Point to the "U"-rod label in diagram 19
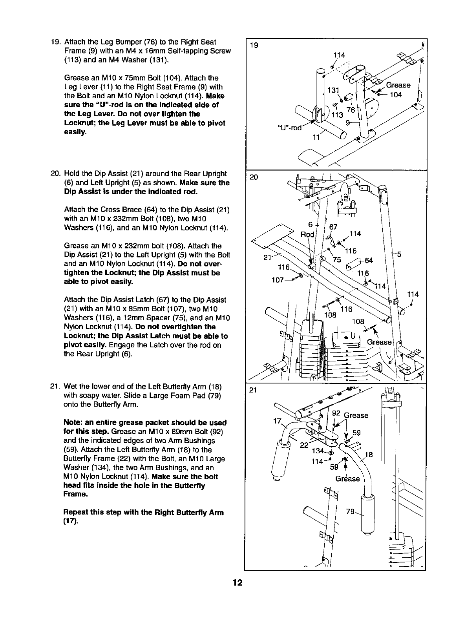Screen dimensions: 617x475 [290, 128]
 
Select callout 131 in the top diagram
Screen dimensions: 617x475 [333, 90]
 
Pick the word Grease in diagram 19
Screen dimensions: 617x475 [398, 85]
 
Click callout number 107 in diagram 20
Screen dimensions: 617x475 [278, 281]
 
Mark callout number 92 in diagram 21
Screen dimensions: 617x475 [336, 413]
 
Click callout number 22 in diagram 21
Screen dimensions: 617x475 [304, 445]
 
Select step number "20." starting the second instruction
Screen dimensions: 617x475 [55, 174]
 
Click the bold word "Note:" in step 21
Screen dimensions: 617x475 [73, 423]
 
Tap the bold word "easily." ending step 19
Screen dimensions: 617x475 [75, 132]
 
